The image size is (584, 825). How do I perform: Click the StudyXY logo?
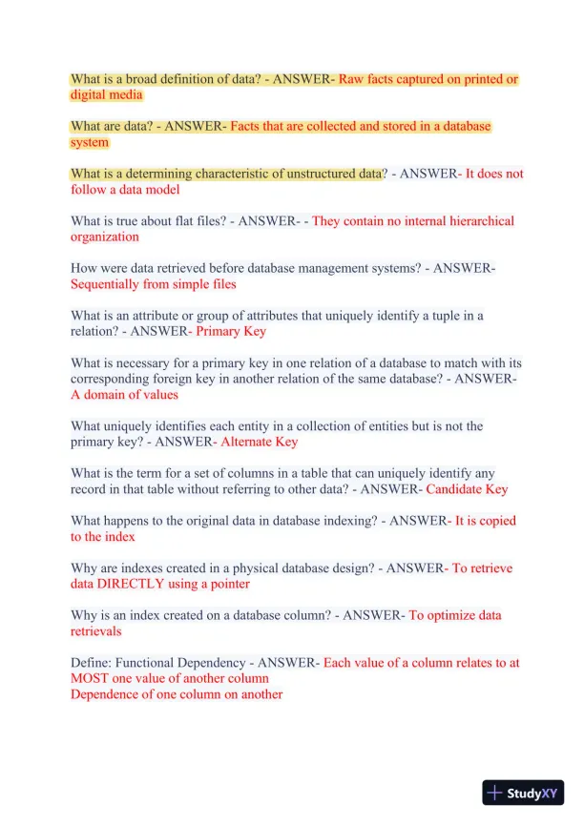point(523,793)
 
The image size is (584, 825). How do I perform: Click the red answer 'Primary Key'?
point(231,332)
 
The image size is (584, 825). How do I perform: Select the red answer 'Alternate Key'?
point(259,442)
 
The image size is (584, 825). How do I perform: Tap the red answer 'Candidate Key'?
point(467,489)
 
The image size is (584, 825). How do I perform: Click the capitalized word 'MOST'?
point(91,678)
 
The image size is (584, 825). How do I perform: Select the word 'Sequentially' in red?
point(106,284)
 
